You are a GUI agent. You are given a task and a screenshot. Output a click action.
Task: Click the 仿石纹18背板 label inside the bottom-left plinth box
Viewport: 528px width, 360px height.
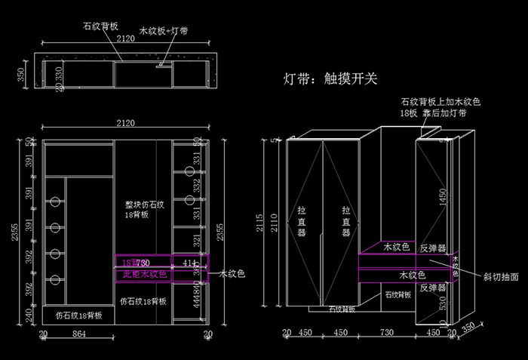point(78,315)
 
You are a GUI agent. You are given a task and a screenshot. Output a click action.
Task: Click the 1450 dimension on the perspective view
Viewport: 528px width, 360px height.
point(444,197)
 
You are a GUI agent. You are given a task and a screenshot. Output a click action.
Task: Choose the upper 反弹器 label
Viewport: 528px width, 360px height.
point(433,248)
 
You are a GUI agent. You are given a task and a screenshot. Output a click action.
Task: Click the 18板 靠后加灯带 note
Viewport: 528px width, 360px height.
point(433,112)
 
